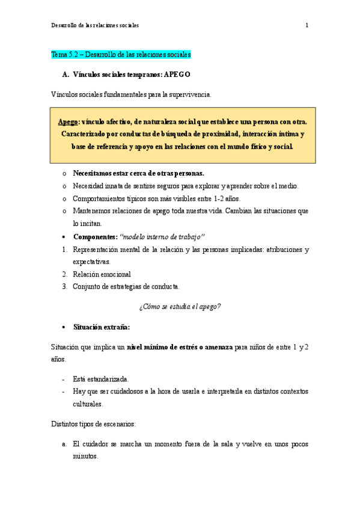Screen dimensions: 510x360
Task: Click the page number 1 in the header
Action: pyautogui.click(x=307, y=25)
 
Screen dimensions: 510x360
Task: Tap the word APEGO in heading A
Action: pyautogui.click(x=177, y=75)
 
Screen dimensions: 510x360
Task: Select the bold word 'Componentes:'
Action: pyautogui.click(x=95, y=236)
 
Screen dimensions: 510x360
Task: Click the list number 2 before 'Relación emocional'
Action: pyautogui.click(x=64, y=274)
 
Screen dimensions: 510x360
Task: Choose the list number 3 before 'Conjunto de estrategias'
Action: pyautogui.click(x=64, y=286)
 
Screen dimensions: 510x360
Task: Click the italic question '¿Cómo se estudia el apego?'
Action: pyautogui.click(x=180, y=306)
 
